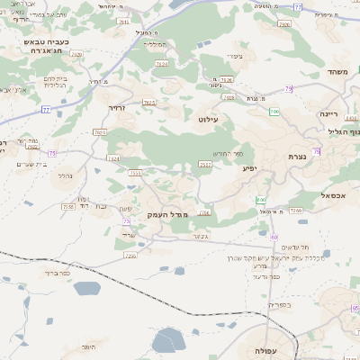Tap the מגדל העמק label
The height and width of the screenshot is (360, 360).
pyautogui.click(x=169, y=213)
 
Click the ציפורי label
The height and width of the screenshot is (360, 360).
pyautogui.click(x=237, y=57)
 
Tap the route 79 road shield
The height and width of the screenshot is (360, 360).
pyautogui.click(x=288, y=88)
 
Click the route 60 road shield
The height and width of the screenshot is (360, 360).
pyautogui.click(x=274, y=237)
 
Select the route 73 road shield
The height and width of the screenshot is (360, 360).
pyautogui.click(x=126, y=221)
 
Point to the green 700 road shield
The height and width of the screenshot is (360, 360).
pyautogui.click(x=274, y=112)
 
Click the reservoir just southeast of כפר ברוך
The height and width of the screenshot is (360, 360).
pyautogui.click(x=87, y=289)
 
